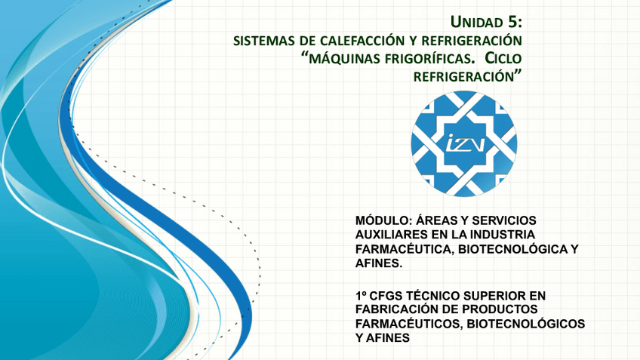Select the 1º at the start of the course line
(362, 295)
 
